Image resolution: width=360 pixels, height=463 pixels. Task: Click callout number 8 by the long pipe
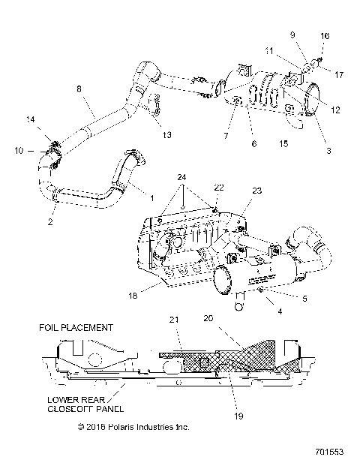point(79,89)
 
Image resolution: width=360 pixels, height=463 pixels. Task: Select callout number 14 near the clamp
point(30,120)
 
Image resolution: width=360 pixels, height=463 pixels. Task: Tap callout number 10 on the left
point(19,151)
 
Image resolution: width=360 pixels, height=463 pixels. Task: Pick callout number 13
point(166,135)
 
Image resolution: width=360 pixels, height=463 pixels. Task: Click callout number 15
point(283,143)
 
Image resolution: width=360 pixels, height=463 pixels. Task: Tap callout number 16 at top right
point(325,36)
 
